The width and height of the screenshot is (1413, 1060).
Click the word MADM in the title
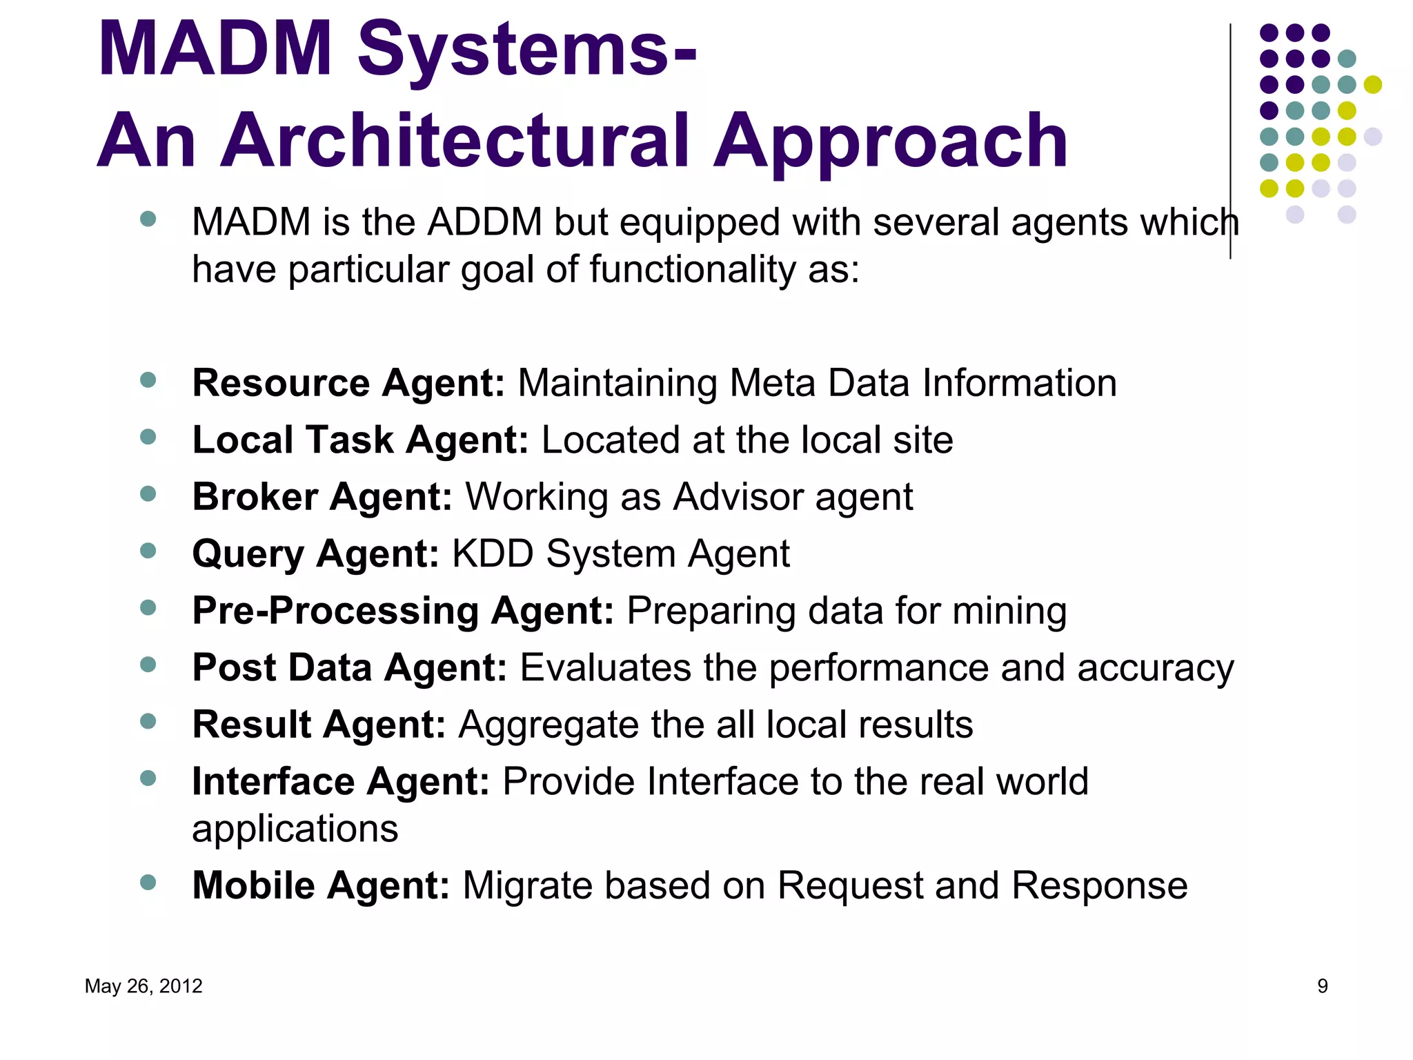click(x=215, y=50)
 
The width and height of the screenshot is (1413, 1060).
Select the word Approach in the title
click(x=890, y=144)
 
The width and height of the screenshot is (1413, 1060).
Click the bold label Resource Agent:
click(x=348, y=383)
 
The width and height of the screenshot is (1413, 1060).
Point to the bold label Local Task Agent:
click(x=360, y=440)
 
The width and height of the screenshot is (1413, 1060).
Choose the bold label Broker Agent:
click(x=322, y=497)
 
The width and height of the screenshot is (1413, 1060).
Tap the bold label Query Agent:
click(x=315, y=554)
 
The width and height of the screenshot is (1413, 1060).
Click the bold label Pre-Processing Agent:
click(x=403, y=611)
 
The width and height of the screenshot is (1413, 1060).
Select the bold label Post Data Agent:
click(x=350, y=668)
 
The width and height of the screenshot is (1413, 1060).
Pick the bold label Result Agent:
click(x=319, y=725)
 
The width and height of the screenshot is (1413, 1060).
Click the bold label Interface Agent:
click(x=341, y=782)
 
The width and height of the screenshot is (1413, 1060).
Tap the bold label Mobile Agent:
click(x=321, y=885)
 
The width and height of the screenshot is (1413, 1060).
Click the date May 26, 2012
click(x=144, y=986)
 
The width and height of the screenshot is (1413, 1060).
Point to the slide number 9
click(x=1322, y=986)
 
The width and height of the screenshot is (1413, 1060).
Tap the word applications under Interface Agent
click(x=295, y=829)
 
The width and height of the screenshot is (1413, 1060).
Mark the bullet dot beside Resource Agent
click(x=148, y=380)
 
